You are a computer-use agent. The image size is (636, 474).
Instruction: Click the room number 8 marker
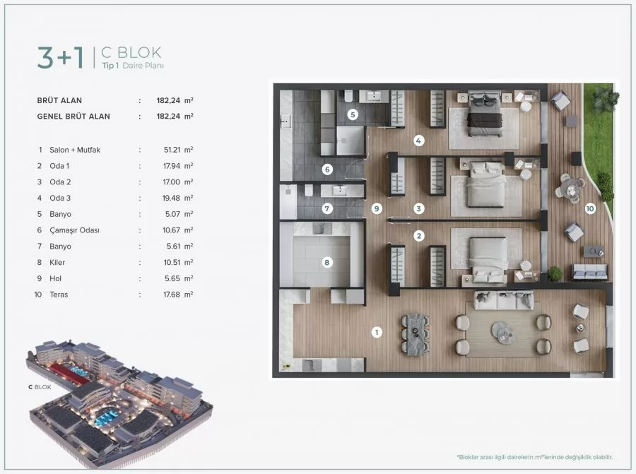326,263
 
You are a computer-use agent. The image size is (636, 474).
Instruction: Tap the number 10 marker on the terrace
590,208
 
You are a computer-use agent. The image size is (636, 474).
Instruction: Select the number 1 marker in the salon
377,331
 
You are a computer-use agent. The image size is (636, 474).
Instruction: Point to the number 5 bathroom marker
353,114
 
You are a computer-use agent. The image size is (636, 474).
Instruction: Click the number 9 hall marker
377,208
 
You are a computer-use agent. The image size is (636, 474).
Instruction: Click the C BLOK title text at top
132,52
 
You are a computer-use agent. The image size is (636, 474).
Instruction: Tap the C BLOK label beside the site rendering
40,387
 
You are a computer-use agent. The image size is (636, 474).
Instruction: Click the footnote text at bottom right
534,457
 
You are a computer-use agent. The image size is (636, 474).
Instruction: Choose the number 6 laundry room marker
326,169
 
